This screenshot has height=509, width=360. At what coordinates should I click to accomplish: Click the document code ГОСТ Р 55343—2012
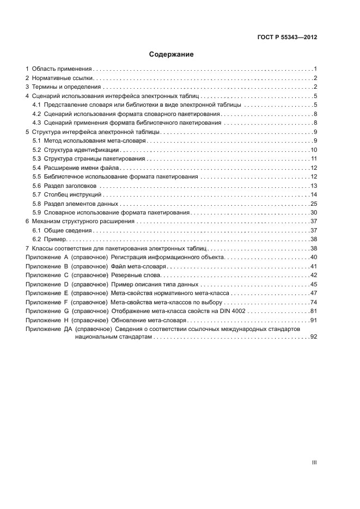286,38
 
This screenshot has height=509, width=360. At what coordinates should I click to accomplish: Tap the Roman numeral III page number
314,462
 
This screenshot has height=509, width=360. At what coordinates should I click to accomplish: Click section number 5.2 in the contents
36,150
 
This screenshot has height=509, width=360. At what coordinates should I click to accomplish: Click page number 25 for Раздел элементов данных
314,204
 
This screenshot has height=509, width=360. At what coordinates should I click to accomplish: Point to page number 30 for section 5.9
314,212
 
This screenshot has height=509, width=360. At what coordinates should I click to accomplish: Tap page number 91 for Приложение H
314,320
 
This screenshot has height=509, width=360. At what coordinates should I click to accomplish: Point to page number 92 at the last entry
314,338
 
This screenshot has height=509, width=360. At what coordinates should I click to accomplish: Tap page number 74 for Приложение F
314,302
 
